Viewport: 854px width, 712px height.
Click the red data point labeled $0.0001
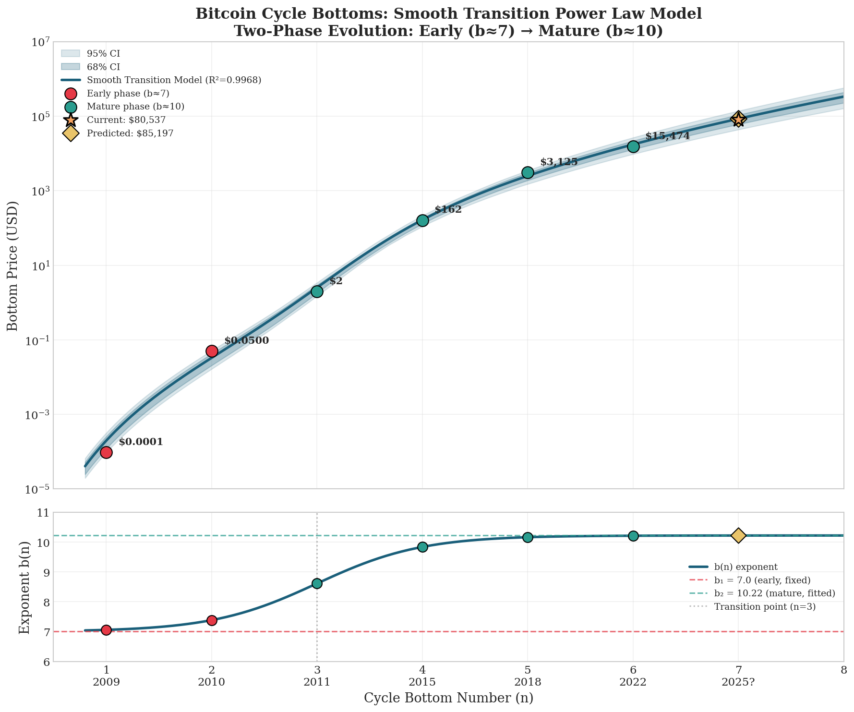point(106,452)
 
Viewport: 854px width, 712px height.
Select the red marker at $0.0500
point(212,351)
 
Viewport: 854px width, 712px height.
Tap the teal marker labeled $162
point(422,220)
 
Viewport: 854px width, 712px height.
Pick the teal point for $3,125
point(528,172)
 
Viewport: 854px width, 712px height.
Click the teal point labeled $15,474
point(633,146)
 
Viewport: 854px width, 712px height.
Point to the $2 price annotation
point(336,281)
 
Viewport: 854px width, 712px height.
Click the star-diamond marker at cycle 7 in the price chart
point(738,119)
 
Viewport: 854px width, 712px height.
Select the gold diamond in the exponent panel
point(738,535)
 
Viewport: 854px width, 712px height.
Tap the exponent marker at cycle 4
point(422,547)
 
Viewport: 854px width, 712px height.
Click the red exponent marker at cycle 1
point(106,630)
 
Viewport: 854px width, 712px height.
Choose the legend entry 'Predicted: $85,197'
point(130,133)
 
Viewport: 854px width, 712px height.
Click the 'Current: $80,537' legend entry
point(126,120)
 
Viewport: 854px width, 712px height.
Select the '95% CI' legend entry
point(107,54)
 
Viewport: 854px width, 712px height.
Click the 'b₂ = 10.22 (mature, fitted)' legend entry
point(774,593)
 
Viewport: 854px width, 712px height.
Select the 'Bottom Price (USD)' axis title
point(13,265)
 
